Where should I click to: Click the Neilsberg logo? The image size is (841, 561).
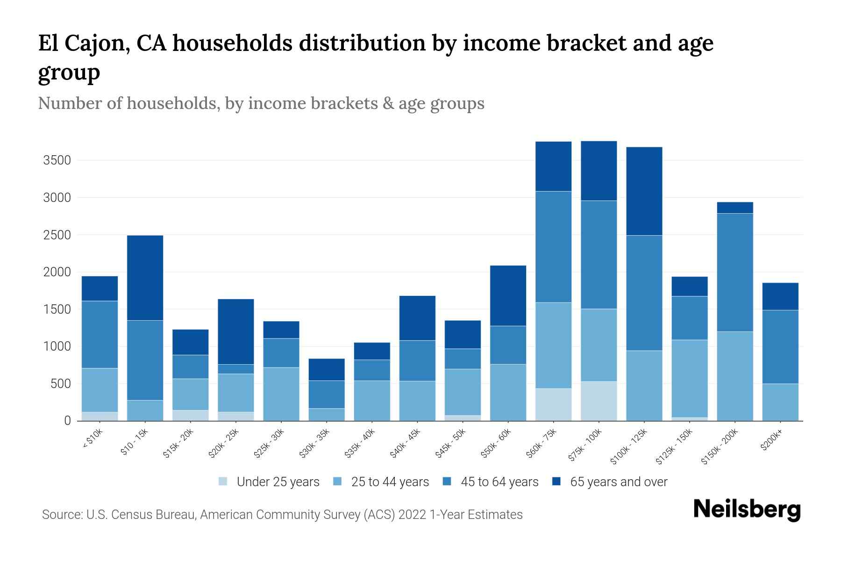click(x=747, y=510)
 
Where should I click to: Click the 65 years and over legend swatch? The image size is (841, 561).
click(x=556, y=482)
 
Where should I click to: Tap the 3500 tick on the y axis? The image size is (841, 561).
click(x=57, y=161)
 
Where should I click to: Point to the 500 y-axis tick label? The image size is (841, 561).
click(x=60, y=384)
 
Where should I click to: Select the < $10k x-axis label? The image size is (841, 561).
click(x=93, y=439)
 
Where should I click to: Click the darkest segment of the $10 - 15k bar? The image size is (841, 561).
click(x=145, y=278)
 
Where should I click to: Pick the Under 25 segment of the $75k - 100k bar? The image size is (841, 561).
click(x=599, y=401)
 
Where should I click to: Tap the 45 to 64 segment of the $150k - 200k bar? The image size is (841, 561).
click(x=734, y=273)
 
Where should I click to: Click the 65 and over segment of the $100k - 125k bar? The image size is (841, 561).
click(x=644, y=191)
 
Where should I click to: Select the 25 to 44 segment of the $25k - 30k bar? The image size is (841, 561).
click(x=281, y=394)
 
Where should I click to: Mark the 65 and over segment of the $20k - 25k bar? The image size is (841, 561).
click(x=235, y=331)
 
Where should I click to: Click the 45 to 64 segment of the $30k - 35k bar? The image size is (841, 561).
click(x=326, y=395)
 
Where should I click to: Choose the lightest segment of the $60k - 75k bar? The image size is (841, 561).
click(x=553, y=404)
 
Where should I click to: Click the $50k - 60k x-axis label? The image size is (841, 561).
click(x=497, y=444)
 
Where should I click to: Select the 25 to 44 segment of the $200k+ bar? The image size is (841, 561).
click(x=780, y=402)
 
